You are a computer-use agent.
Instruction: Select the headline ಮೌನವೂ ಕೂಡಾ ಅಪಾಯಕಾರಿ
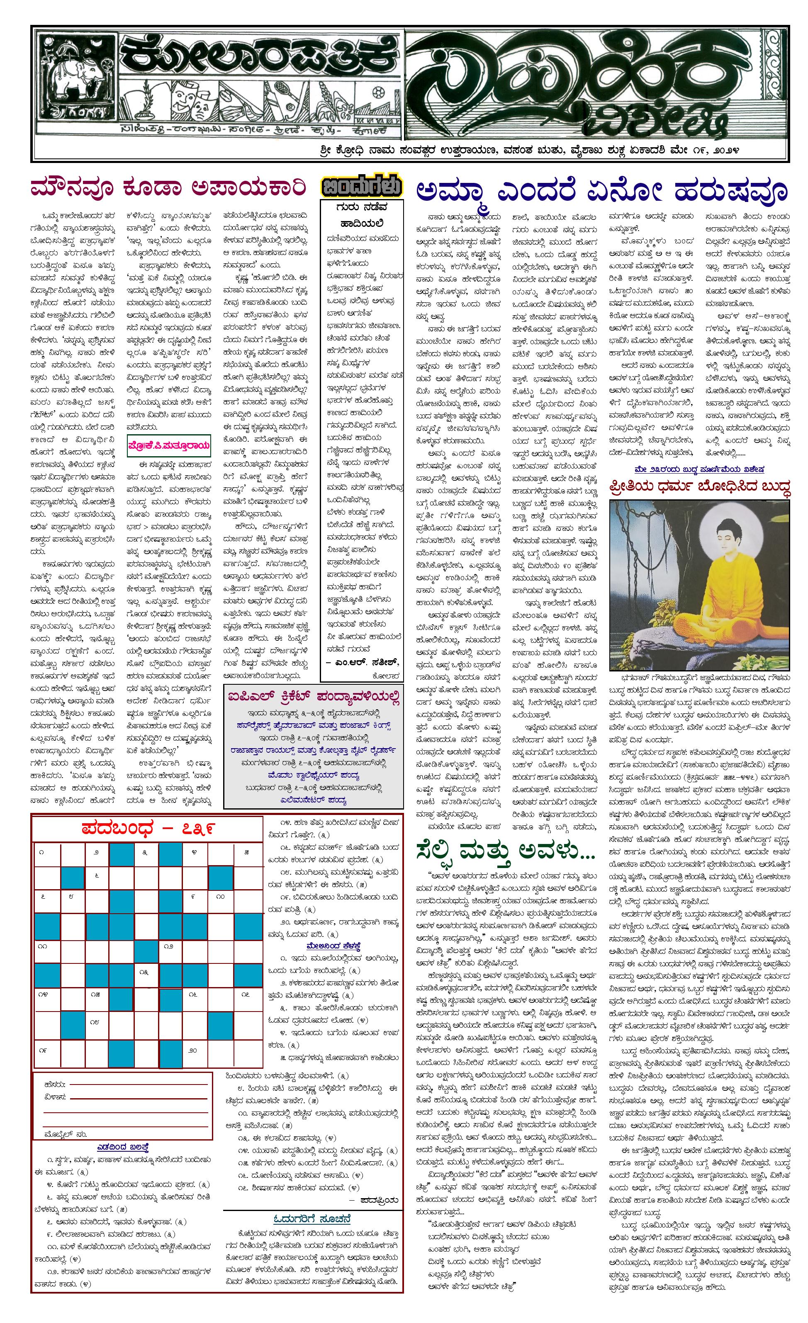pos(168,188)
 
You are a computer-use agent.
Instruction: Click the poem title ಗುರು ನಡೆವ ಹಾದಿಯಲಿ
pos(361,214)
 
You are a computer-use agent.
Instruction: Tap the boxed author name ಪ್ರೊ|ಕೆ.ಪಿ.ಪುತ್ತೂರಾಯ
pos(170,445)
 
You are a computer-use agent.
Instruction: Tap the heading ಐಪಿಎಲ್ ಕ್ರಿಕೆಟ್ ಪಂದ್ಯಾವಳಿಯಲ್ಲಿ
pos(314,696)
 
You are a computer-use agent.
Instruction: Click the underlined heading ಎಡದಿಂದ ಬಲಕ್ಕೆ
pos(122,1147)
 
